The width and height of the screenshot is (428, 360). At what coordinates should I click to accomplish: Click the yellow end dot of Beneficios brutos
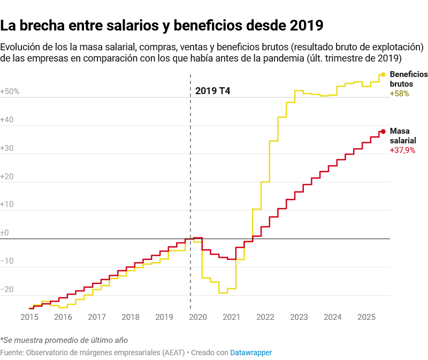click(383, 75)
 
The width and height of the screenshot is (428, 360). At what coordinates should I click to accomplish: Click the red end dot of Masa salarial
click(383, 132)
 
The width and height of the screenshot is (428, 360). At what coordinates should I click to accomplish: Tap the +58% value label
click(399, 93)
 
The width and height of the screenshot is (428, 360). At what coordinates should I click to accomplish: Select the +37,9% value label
click(402, 150)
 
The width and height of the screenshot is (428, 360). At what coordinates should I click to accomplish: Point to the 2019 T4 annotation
click(212, 91)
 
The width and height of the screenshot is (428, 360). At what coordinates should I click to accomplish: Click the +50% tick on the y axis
click(10, 91)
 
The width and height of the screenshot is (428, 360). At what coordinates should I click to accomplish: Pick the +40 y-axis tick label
click(7, 120)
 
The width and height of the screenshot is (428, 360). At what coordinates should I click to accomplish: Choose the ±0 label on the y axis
click(5, 233)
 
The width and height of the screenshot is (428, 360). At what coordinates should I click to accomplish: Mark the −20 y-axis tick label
click(7, 289)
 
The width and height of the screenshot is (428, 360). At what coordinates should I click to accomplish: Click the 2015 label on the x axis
click(29, 317)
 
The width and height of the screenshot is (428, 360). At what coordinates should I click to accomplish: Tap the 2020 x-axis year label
click(198, 317)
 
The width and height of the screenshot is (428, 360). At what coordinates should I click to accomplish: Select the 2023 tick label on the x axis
click(299, 317)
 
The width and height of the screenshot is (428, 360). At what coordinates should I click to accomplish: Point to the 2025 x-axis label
click(366, 317)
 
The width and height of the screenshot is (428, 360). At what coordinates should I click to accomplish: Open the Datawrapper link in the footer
click(251, 353)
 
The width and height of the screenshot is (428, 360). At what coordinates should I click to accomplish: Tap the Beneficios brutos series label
click(409, 79)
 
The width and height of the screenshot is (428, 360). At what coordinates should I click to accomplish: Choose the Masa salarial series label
click(403, 136)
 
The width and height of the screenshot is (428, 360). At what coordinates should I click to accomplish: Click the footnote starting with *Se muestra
click(64, 340)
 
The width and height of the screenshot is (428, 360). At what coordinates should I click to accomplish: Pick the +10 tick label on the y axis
click(7, 204)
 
